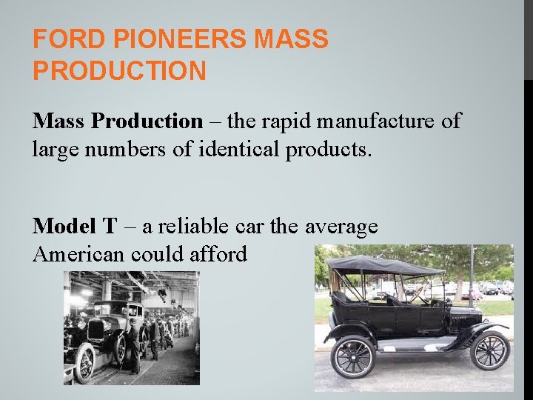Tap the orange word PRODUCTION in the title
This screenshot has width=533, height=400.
click(x=119, y=71)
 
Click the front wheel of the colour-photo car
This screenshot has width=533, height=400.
click(x=489, y=349)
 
